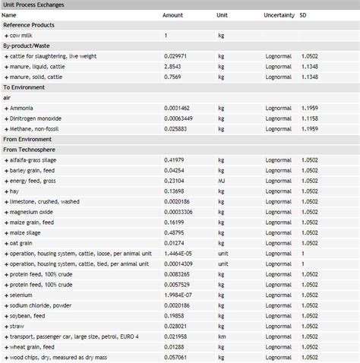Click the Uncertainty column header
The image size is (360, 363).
pyautogui.click(x=279, y=15)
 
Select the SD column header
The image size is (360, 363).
pyautogui.click(x=303, y=15)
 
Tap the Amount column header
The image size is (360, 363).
pyautogui.click(x=172, y=15)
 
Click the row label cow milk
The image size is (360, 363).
pyautogui.click(x=21, y=36)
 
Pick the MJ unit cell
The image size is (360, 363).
pyautogui.click(x=223, y=181)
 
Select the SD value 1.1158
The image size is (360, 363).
pyautogui.click(x=308, y=118)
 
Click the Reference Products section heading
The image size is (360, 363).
pyautogui.click(x=28, y=25)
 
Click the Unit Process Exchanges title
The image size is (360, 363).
pyautogui.click(x=34, y=5)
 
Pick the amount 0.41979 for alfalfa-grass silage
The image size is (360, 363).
pyautogui.click(x=175, y=160)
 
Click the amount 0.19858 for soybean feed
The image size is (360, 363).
pyautogui.click(x=175, y=315)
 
